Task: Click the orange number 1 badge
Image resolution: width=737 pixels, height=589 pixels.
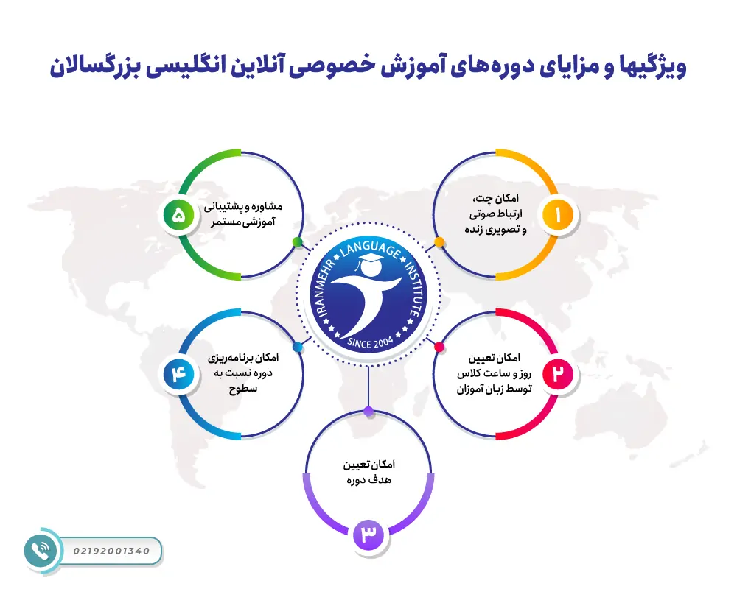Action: (x=557, y=215)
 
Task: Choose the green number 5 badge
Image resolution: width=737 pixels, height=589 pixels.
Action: (x=179, y=215)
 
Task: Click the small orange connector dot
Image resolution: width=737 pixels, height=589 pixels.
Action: (x=439, y=241)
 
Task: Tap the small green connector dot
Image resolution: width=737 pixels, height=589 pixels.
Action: (x=297, y=241)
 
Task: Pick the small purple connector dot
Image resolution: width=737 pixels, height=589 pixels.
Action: (x=368, y=410)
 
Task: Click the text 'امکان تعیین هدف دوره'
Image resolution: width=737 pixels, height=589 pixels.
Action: (x=368, y=472)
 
